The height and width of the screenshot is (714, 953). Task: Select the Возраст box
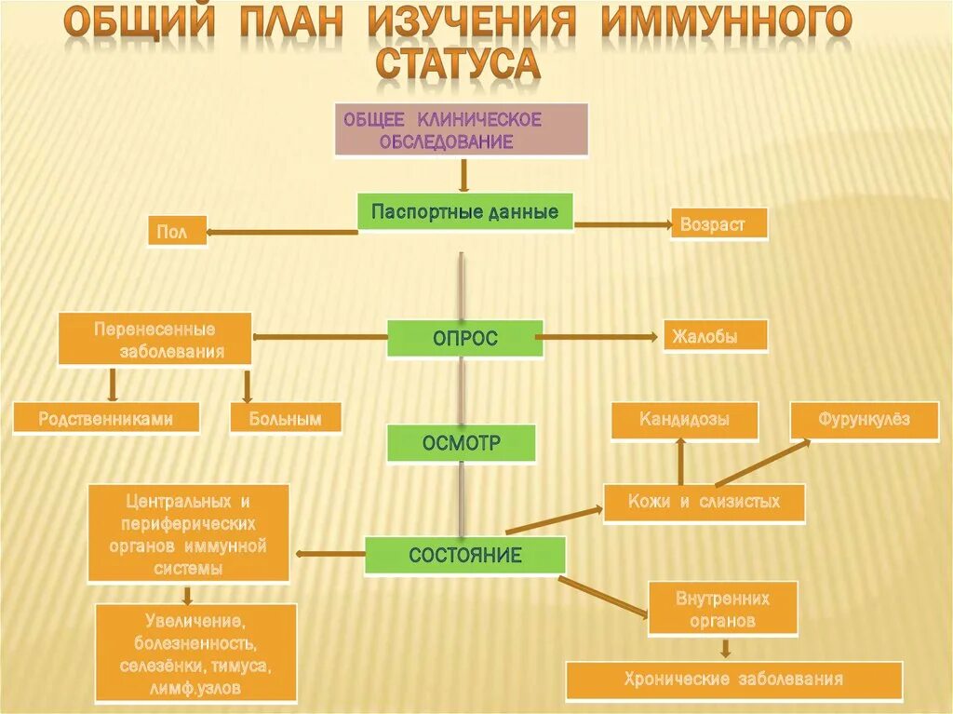click(719, 224)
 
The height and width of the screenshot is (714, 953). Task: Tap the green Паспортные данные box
click(464, 212)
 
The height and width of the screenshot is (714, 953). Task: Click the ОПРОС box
click(464, 339)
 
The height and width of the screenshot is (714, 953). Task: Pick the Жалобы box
click(715, 336)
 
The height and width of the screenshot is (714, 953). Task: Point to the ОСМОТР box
click(462, 444)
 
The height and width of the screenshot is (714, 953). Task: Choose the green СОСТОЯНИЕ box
click(464, 556)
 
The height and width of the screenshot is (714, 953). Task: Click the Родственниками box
click(106, 418)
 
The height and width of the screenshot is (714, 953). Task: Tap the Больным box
click(285, 418)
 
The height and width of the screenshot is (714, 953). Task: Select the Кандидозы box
click(684, 420)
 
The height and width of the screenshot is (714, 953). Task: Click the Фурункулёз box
click(865, 420)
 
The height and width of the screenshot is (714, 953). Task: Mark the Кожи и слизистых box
click(704, 503)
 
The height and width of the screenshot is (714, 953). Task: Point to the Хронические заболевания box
click(734, 680)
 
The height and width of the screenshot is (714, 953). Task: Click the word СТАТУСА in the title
click(457, 63)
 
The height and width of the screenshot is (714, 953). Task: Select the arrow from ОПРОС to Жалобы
click(600, 337)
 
